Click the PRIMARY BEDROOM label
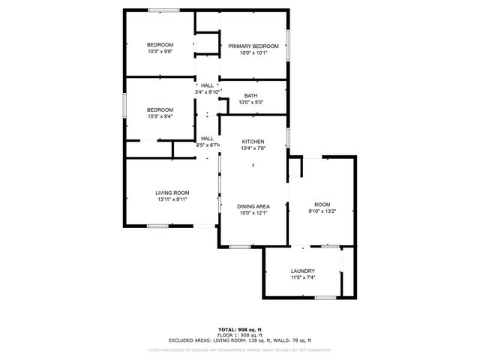pos(253,46)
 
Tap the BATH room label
pos(250,95)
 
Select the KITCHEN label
pos(253,141)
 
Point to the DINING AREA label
pos(253,205)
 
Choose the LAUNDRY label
pos(302,271)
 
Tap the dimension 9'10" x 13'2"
pos(322,211)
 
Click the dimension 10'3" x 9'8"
pos(160,52)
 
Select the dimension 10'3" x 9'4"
pos(160,116)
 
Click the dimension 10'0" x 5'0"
pos(250,102)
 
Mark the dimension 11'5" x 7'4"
pos(302,277)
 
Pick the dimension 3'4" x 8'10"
pos(207,92)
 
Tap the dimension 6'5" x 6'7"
pos(207,145)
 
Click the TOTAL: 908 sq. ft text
pos(239,329)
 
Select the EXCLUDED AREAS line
pos(239,340)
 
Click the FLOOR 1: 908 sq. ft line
pos(239,334)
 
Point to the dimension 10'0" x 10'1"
pos(253,52)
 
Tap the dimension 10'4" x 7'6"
pos(253,148)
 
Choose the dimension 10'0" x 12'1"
pos(253,212)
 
